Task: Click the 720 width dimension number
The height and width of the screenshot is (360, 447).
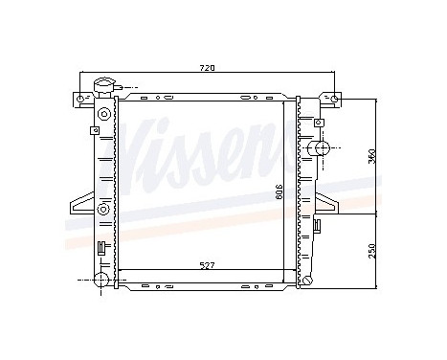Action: tap(206, 67)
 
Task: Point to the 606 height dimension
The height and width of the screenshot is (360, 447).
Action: tap(279, 191)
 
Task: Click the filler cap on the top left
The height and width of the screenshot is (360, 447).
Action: tap(102, 89)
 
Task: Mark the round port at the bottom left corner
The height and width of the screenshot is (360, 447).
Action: tap(101, 280)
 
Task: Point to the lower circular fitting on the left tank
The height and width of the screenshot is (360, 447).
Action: tap(102, 208)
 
